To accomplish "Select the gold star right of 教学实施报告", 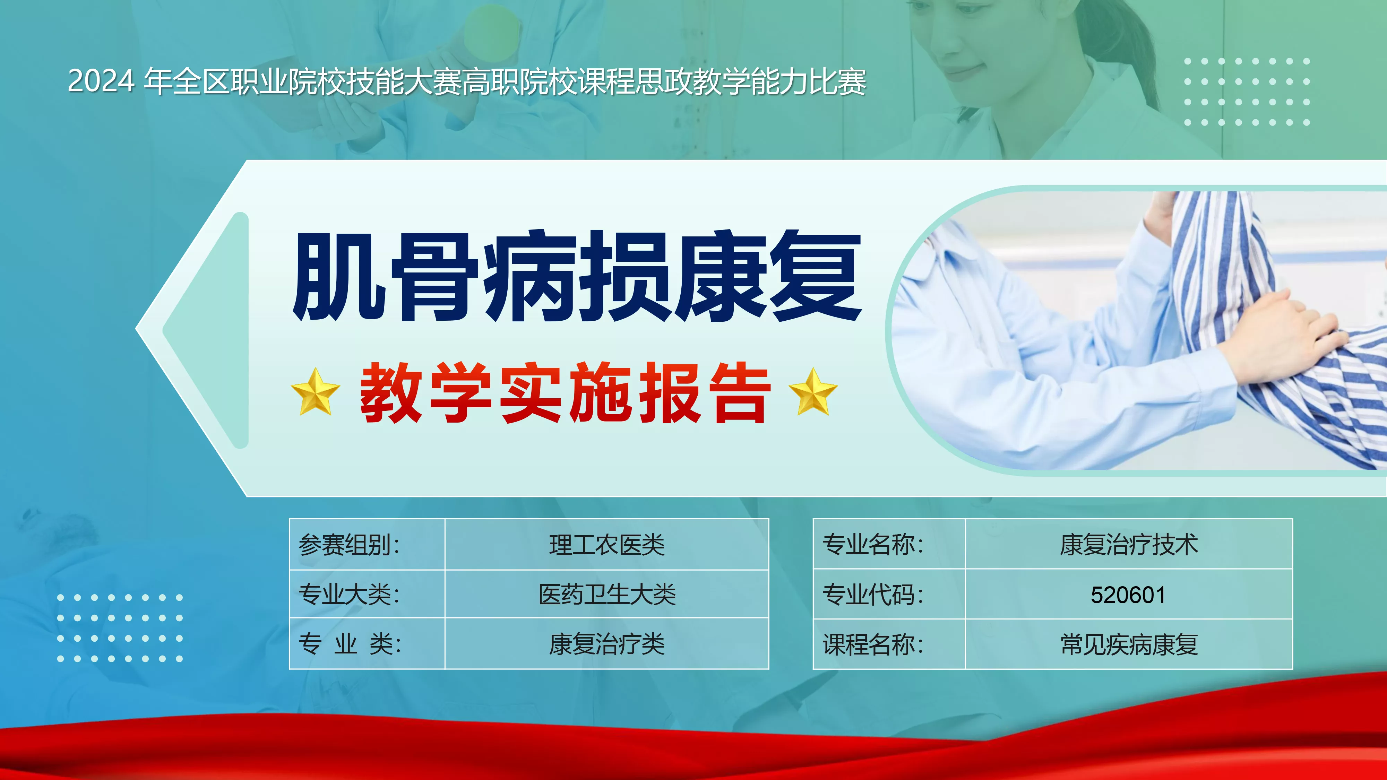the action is [813, 392].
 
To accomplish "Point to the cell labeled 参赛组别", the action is [367, 544].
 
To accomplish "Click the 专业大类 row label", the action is [367, 594].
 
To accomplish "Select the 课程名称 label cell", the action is [889, 644].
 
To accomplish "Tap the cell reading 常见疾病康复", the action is [1129, 644].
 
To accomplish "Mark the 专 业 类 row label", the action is [350, 643].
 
